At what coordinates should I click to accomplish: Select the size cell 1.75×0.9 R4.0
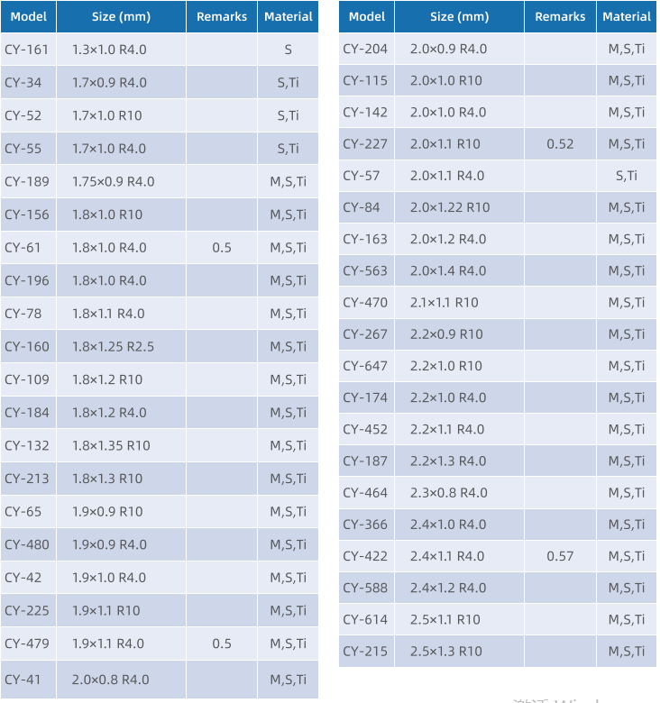point(113,181)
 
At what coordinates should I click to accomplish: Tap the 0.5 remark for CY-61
point(222,247)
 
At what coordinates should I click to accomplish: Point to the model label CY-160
point(27,346)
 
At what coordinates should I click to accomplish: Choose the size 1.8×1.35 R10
point(111,445)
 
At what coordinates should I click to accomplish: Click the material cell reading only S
point(288,50)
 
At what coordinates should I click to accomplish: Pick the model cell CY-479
point(27,644)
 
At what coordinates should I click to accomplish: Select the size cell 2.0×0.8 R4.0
point(110,680)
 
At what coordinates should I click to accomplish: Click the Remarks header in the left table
point(222,16)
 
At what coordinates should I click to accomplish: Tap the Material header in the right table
point(627,16)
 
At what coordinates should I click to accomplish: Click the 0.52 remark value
point(560,143)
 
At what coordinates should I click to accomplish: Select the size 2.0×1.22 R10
point(450,207)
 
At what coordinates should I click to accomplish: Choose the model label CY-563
point(365,270)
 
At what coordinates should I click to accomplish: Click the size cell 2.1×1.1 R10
point(445,302)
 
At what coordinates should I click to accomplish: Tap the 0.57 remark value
point(560,556)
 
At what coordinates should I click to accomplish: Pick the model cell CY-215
point(365,651)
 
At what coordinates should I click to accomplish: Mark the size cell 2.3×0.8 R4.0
point(448,492)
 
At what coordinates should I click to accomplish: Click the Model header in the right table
point(366,16)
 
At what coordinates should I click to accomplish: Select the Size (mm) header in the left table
point(121,16)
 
